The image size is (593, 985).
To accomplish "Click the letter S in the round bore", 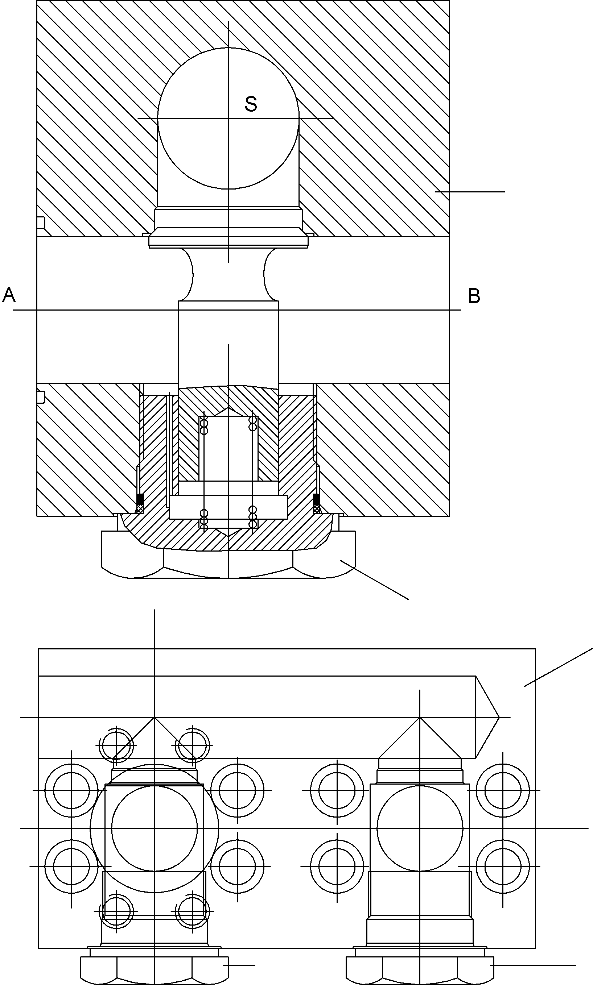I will (x=251, y=104).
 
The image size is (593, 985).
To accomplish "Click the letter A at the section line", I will (x=9, y=295).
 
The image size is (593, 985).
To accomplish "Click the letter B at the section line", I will (x=474, y=296).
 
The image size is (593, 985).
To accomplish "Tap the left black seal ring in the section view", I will (x=140, y=499).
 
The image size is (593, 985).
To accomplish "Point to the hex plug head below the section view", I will (x=228, y=563).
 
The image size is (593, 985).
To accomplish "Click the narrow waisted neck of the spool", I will (x=228, y=275).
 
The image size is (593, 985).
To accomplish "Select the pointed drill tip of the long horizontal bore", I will (x=488, y=717).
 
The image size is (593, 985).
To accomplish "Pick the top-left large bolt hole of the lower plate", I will (x=71, y=790).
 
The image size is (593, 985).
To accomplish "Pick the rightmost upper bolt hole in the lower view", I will (x=503, y=790).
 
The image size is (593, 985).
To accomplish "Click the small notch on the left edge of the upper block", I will (x=41, y=223).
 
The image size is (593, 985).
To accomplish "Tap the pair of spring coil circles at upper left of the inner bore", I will (x=204, y=427).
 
